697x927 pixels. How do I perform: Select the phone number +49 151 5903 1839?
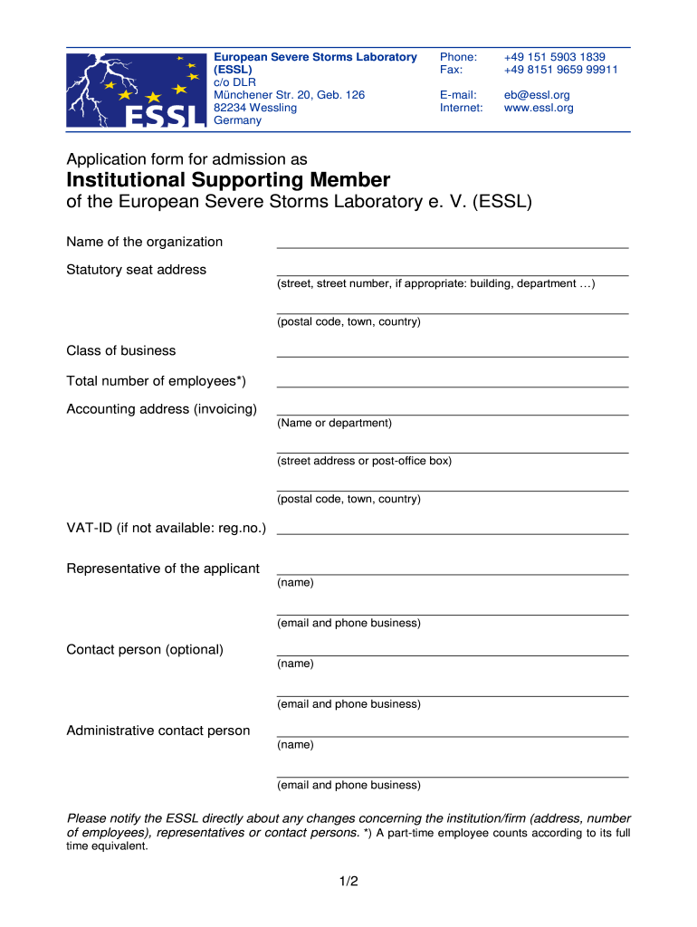(x=554, y=57)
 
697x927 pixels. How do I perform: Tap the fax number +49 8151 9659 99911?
(x=560, y=70)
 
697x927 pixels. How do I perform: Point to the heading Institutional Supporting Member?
(x=228, y=179)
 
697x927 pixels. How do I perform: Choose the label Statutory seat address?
(x=136, y=270)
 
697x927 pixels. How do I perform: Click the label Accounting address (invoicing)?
(x=161, y=409)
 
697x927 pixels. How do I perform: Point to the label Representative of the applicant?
(x=163, y=569)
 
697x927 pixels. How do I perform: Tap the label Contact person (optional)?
(x=145, y=650)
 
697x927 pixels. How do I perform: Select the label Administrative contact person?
(x=158, y=731)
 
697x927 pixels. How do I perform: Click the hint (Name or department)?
(x=335, y=423)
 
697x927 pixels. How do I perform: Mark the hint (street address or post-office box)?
(x=364, y=461)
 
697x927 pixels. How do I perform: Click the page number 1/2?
(x=348, y=880)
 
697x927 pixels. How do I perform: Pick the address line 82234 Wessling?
(x=254, y=108)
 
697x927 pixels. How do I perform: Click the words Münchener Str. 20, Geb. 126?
(x=289, y=95)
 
